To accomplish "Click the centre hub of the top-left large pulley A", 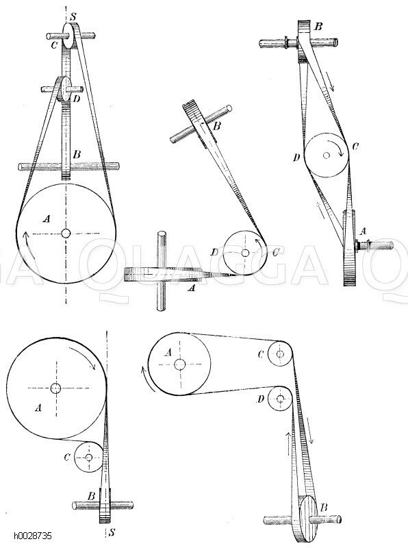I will (x=66, y=233).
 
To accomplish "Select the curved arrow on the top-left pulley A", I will (x=25, y=239).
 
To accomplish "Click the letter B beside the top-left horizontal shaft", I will (x=77, y=154).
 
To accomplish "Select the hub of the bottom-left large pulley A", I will (x=55, y=388).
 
